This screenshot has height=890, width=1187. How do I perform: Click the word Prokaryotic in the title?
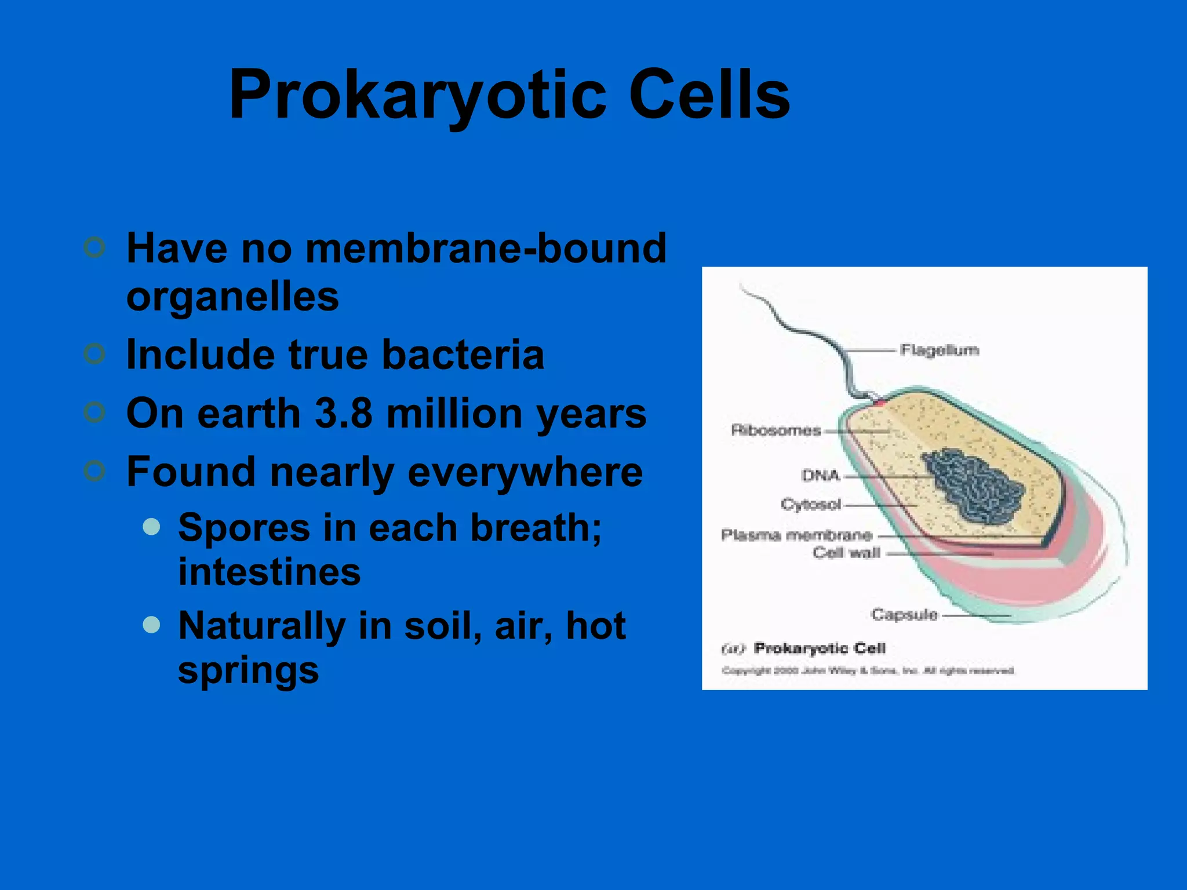pyautogui.click(x=417, y=96)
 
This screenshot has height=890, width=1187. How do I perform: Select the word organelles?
pyautogui.click(x=232, y=297)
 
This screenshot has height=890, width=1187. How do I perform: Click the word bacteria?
pyautogui.click(x=463, y=354)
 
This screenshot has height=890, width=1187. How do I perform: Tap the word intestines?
pyautogui.click(x=270, y=572)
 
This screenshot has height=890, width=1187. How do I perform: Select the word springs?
pyautogui.click(x=248, y=670)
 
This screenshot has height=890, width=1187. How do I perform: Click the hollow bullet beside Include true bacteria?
pyautogui.click(x=94, y=353)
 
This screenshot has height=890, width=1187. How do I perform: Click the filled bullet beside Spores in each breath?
pyautogui.click(x=151, y=527)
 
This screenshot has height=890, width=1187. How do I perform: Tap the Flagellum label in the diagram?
pyautogui.click(x=940, y=350)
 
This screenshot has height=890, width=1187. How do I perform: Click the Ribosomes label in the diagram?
pyautogui.click(x=775, y=431)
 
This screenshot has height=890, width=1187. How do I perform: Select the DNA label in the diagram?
pyautogui.click(x=820, y=476)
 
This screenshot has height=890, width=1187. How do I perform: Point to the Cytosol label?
pyautogui.click(x=810, y=504)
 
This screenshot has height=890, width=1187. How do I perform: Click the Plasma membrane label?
pyautogui.click(x=796, y=535)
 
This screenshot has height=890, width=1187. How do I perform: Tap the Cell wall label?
pyautogui.click(x=846, y=553)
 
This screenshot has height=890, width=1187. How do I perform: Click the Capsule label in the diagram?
pyautogui.click(x=904, y=614)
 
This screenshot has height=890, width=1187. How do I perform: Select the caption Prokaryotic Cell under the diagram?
pyautogui.click(x=819, y=648)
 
